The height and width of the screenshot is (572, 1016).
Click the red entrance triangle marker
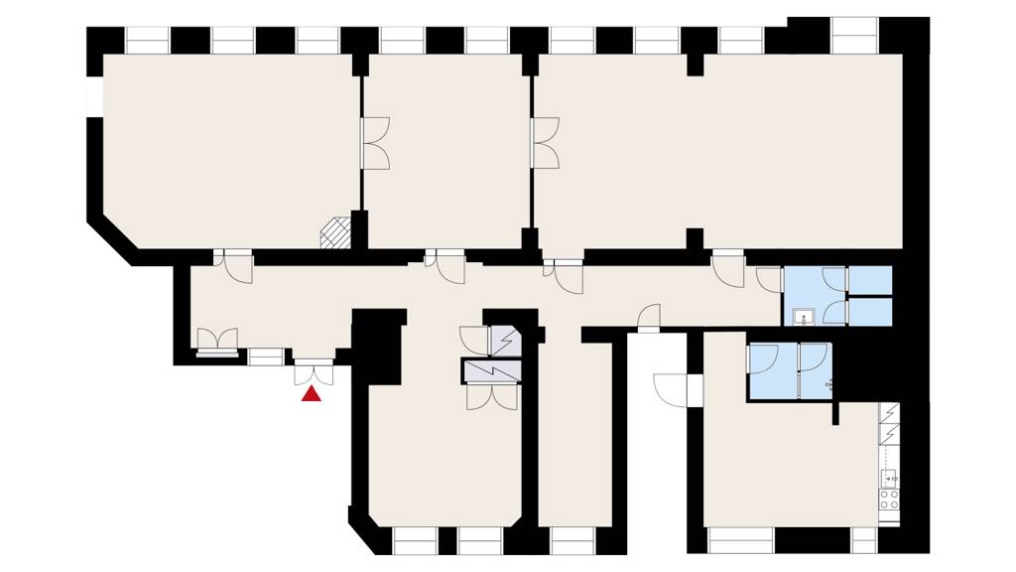pyautogui.click(x=312, y=395)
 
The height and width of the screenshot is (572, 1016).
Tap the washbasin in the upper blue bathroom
pyautogui.click(x=803, y=317)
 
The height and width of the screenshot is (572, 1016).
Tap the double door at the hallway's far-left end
pyautogui.click(x=216, y=341)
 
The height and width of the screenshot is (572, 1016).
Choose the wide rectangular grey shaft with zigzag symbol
pyautogui.click(x=490, y=369)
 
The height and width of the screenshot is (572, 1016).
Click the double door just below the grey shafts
pyautogui.click(x=490, y=395)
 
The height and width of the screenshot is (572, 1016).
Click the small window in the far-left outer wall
pyautogui.click(x=94, y=97)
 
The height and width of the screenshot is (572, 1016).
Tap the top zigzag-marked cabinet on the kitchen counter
pyautogui.click(x=889, y=414)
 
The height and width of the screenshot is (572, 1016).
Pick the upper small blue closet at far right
pyautogui.click(x=870, y=281)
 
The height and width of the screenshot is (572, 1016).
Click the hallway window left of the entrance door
pyautogui.click(x=265, y=356)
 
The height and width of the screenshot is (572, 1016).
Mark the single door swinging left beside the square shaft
pyautogui.click(x=473, y=341)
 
